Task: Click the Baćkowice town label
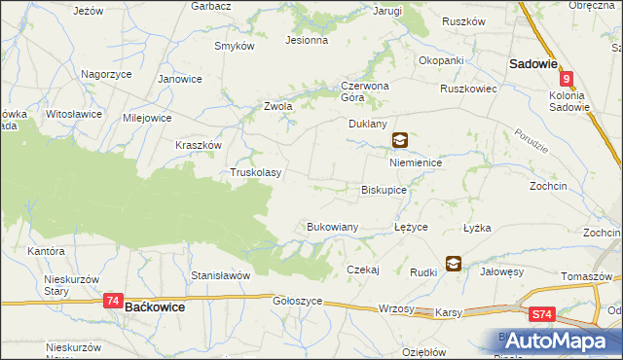click(x=156, y=306)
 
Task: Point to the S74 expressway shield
click(x=542, y=314)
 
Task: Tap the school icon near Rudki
click(x=454, y=263)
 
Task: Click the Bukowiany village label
click(x=333, y=226)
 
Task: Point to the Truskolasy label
click(x=255, y=172)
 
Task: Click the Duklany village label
click(x=368, y=125)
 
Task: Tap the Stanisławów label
click(x=221, y=275)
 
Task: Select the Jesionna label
click(x=306, y=41)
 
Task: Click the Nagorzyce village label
click(x=106, y=73)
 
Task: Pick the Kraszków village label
click(x=199, y=144)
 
